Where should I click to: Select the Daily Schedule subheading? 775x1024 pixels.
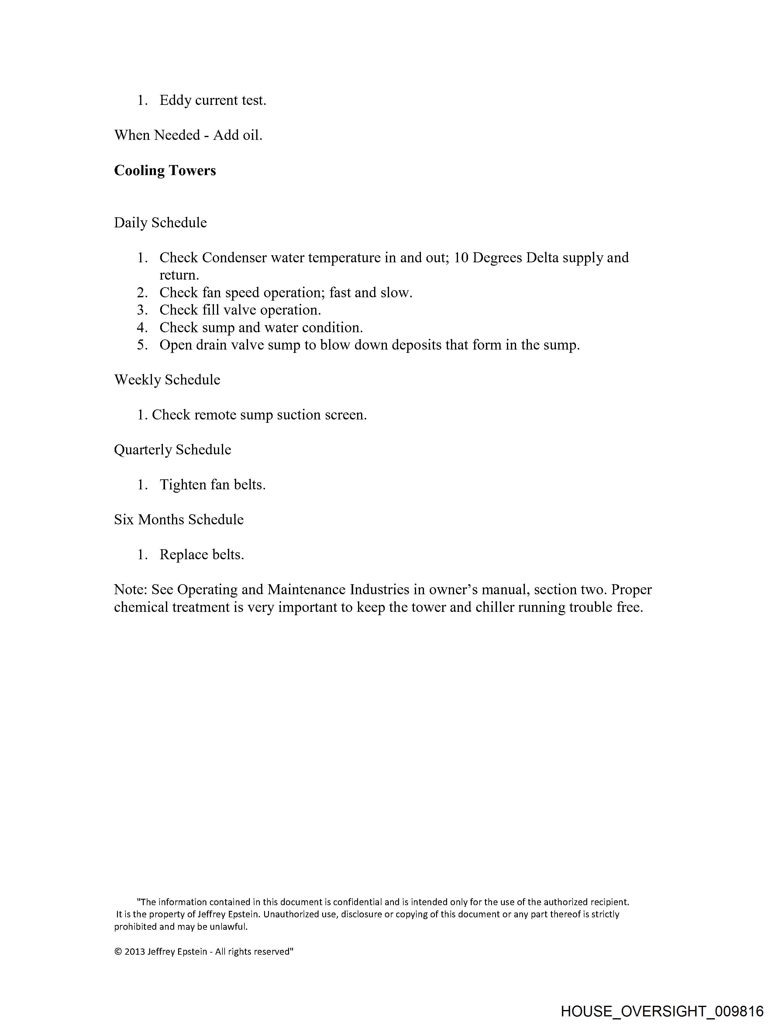(x=160, y=223)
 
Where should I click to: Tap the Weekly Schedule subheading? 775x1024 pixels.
(x=167, y=380)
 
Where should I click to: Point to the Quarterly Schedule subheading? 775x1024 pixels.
(x=173, y=450)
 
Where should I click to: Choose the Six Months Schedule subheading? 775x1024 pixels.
(x=179, y=519)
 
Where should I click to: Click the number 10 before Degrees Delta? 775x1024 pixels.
(x=461, y=257)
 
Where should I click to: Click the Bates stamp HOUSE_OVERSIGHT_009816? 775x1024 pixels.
(x=662, y=1011)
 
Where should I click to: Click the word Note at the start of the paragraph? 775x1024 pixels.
(x=130, y=590)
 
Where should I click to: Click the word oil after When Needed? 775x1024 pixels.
(x=252, y=135)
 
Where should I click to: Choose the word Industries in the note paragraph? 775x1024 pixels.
(x=379, y=590)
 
